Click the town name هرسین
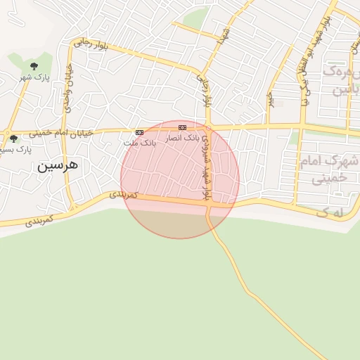[59, 167]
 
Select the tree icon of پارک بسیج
[13, 139]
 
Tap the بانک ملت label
[139, 142]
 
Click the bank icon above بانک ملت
[139, 132]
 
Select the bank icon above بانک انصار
[183, 127]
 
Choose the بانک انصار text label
[183, 137]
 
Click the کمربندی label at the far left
[39, 221]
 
